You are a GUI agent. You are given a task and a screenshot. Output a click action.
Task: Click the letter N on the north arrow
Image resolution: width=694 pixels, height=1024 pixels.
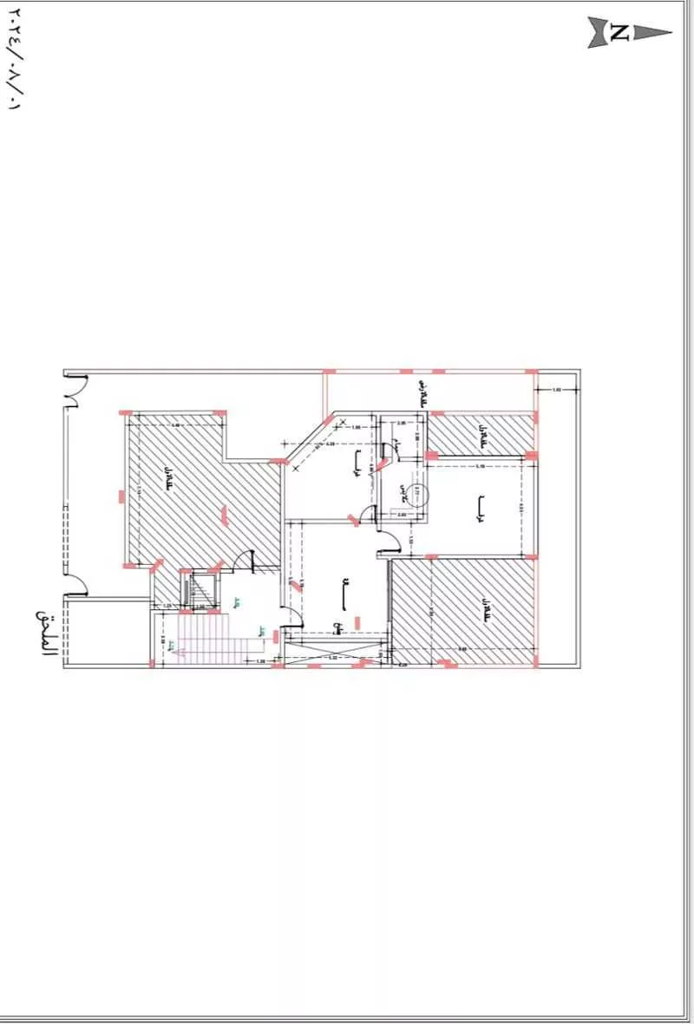(x=619, y=33)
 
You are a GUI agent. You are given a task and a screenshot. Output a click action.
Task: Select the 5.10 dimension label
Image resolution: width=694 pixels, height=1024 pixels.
(x=480, y=466)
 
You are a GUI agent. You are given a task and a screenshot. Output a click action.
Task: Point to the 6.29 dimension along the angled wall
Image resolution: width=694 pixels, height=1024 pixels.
(x=330, y=443)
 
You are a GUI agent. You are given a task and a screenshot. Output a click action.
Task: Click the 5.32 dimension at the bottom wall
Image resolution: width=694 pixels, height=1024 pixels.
(x=332, y=658)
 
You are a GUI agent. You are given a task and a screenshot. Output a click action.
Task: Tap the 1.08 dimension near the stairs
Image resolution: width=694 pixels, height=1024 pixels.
(x=260, y=661)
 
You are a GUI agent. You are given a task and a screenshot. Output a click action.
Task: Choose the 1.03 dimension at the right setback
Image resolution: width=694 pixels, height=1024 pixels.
(x=557, y=391)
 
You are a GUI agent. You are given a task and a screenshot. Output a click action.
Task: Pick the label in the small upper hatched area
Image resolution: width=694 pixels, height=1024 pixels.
(x=479, y=430)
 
